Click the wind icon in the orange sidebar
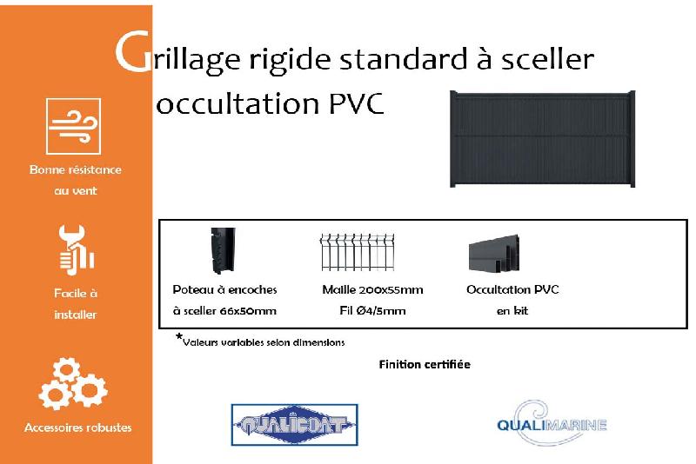tap(73, 126)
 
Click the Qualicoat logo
tap(294, 425)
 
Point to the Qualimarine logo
tap(551, 424)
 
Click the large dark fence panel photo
tap(542, 139)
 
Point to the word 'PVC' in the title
tap(357, 103)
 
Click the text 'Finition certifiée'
tap(425, 364)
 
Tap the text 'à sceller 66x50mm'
tap(224, 310)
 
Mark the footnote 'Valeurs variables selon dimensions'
tap(263, 341)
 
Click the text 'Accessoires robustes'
tap(78, 428)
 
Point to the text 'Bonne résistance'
tap(76, 169)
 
